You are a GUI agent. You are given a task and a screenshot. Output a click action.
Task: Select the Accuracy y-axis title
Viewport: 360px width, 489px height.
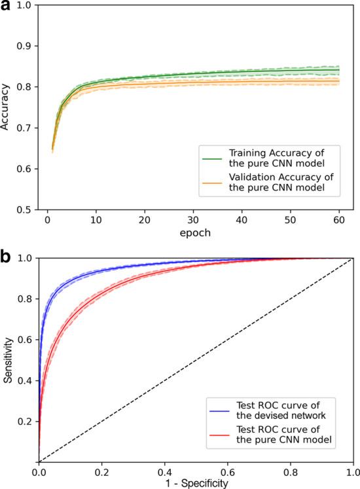pyautogui.click(x=7, y=107)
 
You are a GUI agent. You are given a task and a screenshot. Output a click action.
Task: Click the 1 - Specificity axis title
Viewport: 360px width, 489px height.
pyautogui.click(x=195, y=483)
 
